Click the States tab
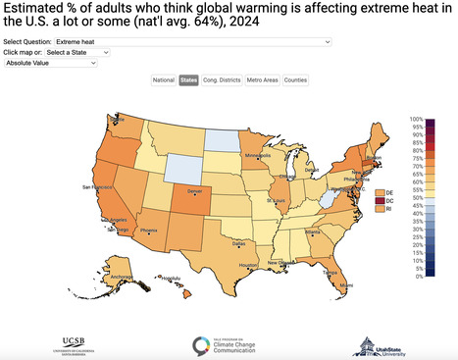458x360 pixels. (x=188, y=79)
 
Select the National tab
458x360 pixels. (x=164, y=79)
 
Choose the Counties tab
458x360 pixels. (x=295, y=79)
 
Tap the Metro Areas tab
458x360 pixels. (x=261, y=79)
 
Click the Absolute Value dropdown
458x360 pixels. (x=51, y=63)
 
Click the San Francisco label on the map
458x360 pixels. (x=97, y=185)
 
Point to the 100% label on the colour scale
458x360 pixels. (x=417, y=119)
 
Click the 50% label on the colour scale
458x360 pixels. (x=417, y=197)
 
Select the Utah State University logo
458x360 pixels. (x=373, y=344)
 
